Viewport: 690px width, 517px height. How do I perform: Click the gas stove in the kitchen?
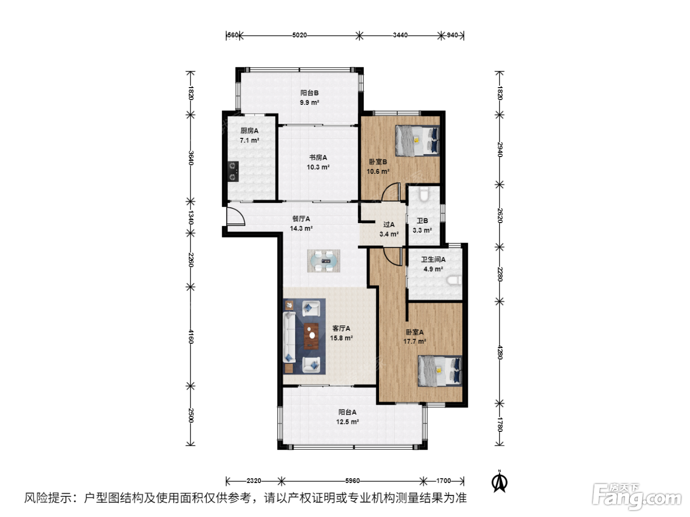tap(233, 171)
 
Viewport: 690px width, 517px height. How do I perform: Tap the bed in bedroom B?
tap(417, 141)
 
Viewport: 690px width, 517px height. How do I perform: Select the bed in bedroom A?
tap(440, 370)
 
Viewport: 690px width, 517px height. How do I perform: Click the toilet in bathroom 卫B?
tap(424, 194)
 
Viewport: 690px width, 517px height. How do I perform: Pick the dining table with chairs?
tap(323, 260)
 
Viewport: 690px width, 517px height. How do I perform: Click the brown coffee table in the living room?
tap(311, 336)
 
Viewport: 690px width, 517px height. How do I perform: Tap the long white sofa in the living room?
tap(289, 337)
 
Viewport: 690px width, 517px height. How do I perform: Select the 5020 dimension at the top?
tap(299, 35)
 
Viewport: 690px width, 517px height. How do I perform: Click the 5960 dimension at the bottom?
tap(352, 481)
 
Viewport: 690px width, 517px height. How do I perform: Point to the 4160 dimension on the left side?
tap(191, 336)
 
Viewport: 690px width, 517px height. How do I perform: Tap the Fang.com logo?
tap(636, 496)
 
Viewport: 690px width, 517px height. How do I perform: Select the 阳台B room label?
tap(310, 93)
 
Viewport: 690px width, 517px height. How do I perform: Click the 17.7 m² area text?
tap(414, 341)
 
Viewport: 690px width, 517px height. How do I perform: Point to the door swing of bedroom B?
tap(390, 192)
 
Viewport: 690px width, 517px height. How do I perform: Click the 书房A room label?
tap(318, 157)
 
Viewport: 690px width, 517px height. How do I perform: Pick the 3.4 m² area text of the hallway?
tap(389, 234)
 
